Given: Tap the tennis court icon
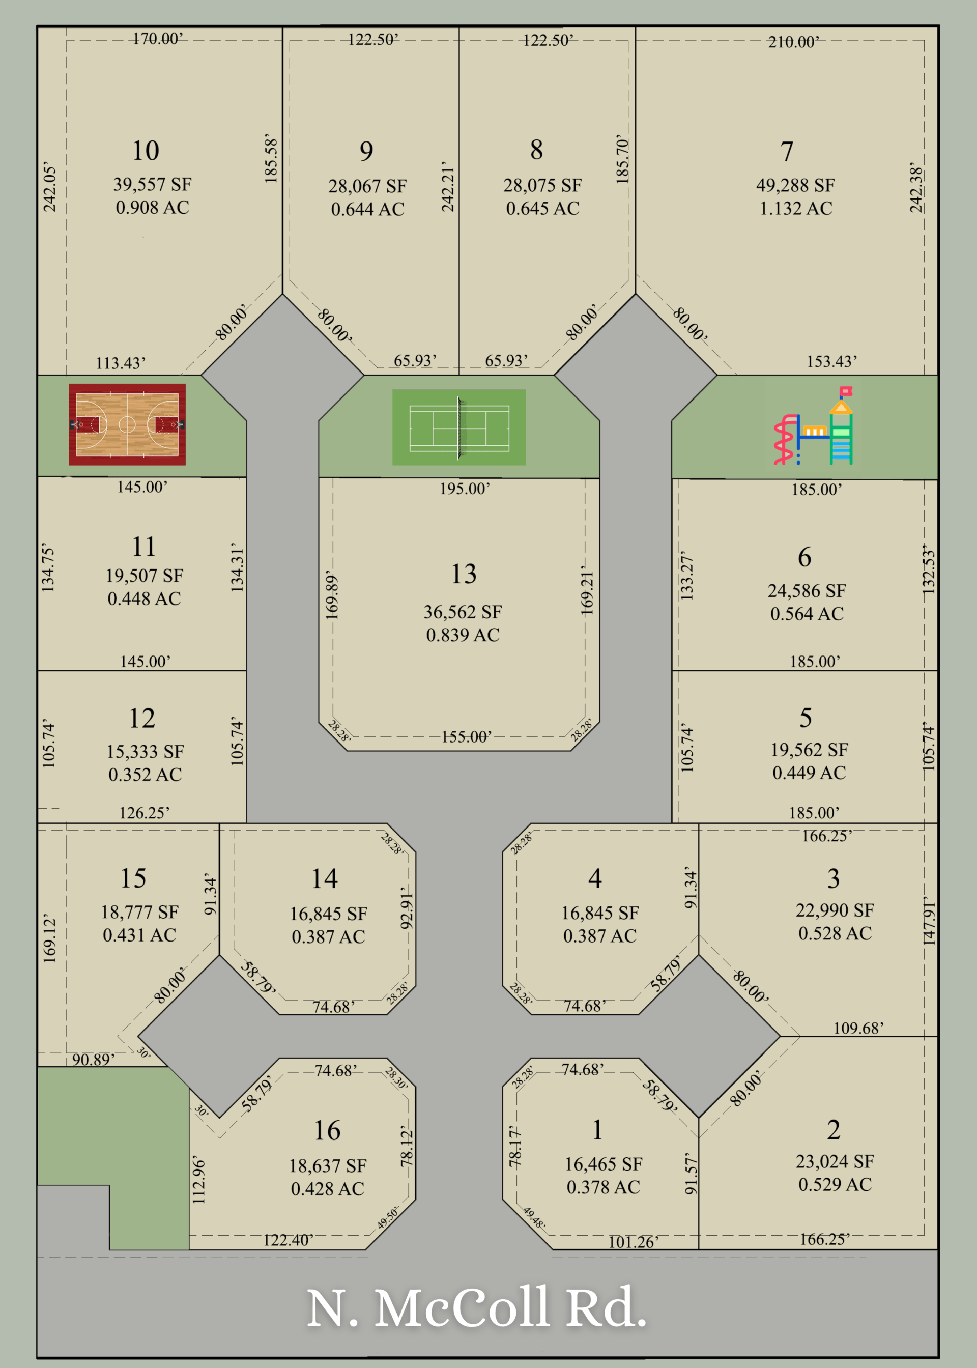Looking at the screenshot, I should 459,427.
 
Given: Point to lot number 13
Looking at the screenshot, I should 464,574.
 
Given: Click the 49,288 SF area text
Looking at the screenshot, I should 795,185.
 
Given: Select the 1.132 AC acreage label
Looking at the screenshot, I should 795,208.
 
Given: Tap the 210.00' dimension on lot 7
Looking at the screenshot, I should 793,42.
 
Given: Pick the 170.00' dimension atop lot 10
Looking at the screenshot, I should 157,39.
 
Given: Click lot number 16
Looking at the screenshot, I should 327,1130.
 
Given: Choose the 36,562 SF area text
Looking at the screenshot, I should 462,612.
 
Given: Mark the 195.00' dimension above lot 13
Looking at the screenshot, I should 465,489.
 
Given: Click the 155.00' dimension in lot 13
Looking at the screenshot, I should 466,737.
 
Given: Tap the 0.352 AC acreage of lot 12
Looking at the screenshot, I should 145,774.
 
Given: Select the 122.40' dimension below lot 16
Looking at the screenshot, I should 288,1240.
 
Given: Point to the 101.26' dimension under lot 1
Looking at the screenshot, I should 633,1242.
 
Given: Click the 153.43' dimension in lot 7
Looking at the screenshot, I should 831,361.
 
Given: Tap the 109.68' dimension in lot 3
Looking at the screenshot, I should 858,1028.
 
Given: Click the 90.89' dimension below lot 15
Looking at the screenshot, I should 93,1060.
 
